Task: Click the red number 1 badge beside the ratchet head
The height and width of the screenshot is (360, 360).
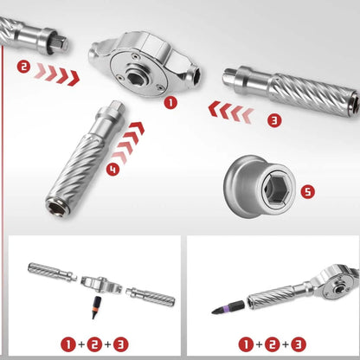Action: point(170,103)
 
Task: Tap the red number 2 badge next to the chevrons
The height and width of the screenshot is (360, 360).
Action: point(23,67)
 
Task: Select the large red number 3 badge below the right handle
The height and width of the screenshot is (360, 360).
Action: point(274,120)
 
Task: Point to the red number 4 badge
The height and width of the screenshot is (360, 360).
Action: point(112,169)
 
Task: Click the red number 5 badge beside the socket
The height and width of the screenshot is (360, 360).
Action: point(307,191)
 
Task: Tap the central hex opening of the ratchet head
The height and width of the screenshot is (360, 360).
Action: point(136,77)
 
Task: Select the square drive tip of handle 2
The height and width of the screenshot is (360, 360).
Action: point(61,42)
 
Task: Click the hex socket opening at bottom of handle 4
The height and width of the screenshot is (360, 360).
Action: point(57,209)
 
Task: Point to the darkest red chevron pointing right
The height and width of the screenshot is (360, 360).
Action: point(74,78)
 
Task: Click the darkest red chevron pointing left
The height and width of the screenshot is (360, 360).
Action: point(214,109)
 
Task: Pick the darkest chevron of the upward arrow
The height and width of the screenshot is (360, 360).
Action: point(137,127)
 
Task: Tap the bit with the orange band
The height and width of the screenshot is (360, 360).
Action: point(94,307)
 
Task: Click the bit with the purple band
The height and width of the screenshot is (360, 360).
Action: point(228,307)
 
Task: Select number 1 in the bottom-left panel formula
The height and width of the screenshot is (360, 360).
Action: point(68,344)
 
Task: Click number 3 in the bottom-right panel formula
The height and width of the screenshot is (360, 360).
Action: point(299,344)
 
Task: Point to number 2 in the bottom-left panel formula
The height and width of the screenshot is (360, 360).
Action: point(94,344)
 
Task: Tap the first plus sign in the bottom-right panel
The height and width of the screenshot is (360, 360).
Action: point(259,344)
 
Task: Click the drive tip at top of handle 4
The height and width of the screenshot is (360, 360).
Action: point(119,106)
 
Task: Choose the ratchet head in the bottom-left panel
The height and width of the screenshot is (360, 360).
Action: point(101,285)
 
